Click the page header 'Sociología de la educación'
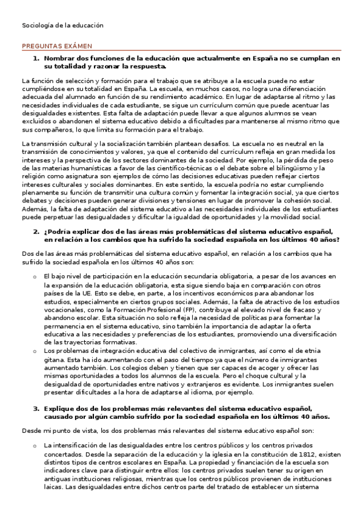[x=63, y=26]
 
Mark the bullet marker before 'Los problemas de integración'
[x=35, y=350]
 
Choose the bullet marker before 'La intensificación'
[x=35, y=446]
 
